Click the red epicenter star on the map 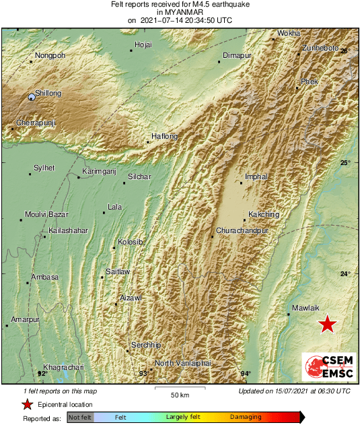click(327, 324)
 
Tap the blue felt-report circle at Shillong click(32, 97)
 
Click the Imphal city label click(256, 176)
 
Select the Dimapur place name click(236, 55)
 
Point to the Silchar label click(139, 176)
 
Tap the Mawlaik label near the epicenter click(305, 308)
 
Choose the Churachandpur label click(242, 230)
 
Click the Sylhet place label click(44, 168)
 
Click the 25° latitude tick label click(345, 163)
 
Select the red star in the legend click(27, 404)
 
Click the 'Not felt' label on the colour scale click(80, 418)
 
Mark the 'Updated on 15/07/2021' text click(294, 391)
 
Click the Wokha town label click(289, 32)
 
